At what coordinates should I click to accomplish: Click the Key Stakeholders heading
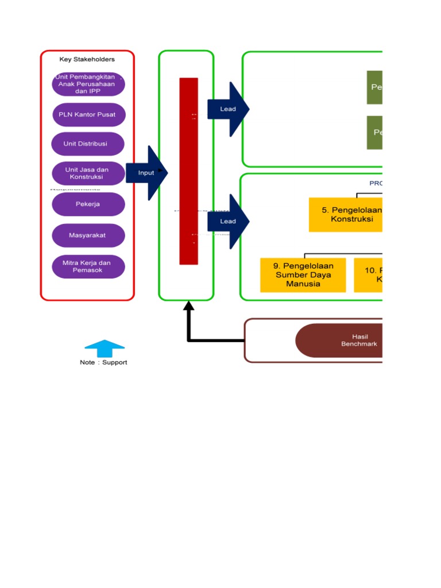pos(87,59)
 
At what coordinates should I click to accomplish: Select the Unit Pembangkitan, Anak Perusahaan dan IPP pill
pos(88,84)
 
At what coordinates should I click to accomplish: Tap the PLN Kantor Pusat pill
pos(88,114)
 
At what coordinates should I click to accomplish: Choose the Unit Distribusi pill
pos(88,144)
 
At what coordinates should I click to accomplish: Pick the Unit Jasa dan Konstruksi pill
pos(88,173)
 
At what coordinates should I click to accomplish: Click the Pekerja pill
pos(88,204)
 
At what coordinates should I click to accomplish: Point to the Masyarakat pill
pos(88,235)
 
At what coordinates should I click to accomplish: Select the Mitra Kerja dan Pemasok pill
pos(88,266)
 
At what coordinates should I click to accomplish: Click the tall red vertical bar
pos(189,171)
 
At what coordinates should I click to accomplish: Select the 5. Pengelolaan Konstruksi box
pos(345,215)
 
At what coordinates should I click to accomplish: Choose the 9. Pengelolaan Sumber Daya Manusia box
pos(303,275)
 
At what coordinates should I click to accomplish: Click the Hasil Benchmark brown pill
pos(339,341)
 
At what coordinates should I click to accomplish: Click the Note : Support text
pos(103,362)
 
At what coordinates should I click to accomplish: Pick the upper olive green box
pos(374,87)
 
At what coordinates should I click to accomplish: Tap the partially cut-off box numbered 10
pos(368,275)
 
